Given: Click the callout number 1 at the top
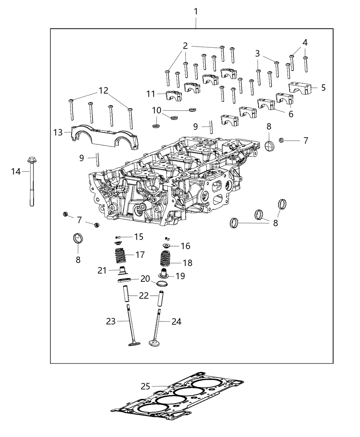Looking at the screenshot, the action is tap(196, 12).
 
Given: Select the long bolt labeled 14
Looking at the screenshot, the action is tap(32, 181).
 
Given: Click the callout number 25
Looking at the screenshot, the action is tap(145, 386).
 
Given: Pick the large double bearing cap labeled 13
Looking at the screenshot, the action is tap(105, 137).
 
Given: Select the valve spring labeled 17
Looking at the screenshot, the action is tap(121, 255).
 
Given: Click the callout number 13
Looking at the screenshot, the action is tap(58, 133).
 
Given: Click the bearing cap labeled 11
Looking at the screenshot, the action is tap(174, 96).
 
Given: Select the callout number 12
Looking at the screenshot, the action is tap(104, 90).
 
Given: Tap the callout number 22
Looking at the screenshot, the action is tap(144, 296).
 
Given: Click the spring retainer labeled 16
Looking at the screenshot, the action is tap(167, 245).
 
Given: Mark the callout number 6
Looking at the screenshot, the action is tap(291, 114).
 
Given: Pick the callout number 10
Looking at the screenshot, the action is tap(156, 110).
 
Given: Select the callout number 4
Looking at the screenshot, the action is tap(305, 43).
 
